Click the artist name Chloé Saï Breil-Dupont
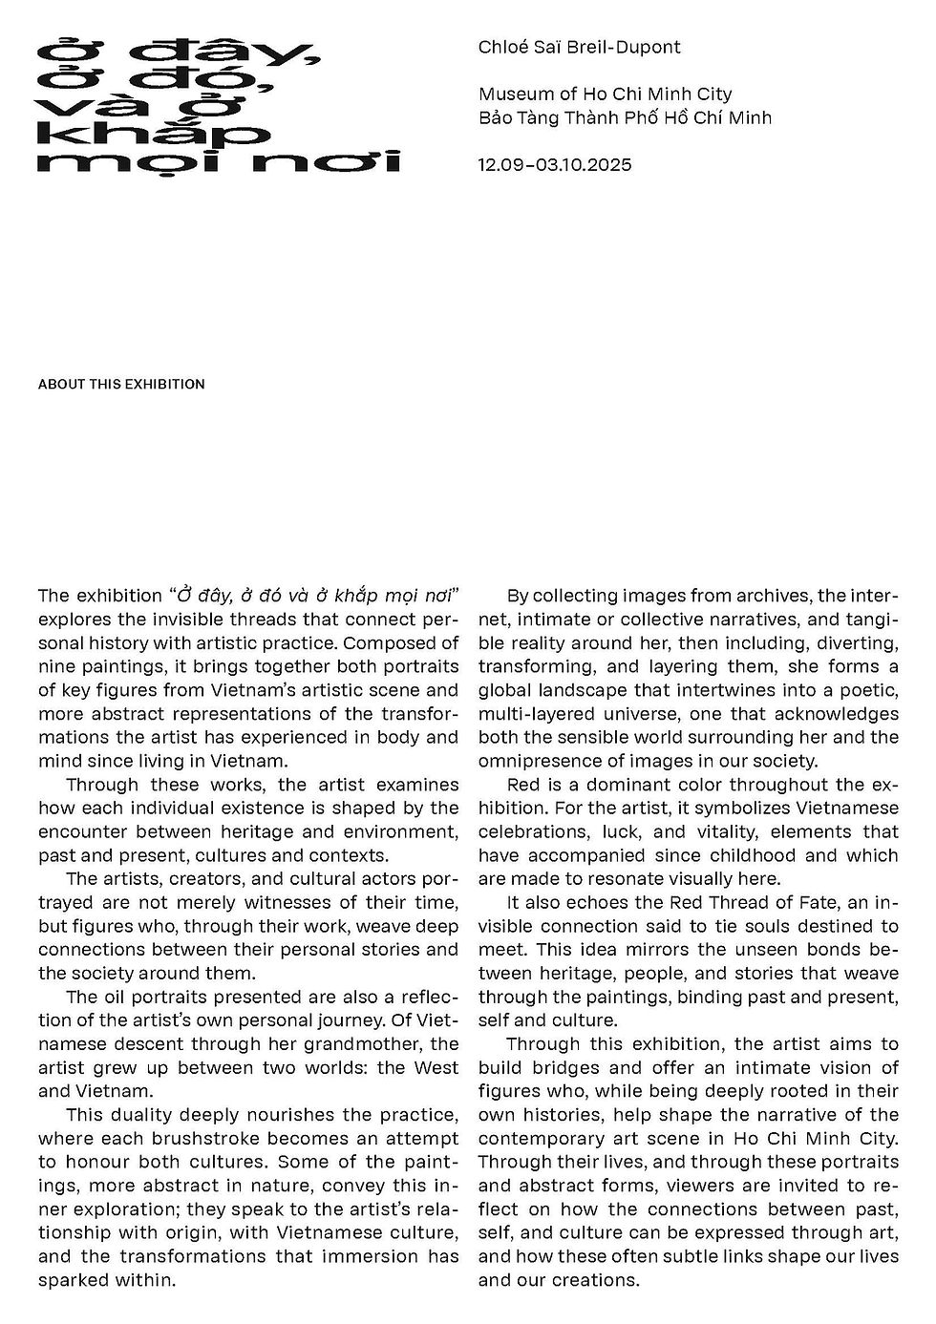point(579,47)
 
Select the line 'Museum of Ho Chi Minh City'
point(605,94)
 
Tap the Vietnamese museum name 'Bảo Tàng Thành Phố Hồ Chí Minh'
point(625,117)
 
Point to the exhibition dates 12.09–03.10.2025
point(555,164)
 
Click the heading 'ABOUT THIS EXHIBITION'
point(121,385)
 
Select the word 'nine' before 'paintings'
point(56,666)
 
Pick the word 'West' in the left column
point(436,1067)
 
